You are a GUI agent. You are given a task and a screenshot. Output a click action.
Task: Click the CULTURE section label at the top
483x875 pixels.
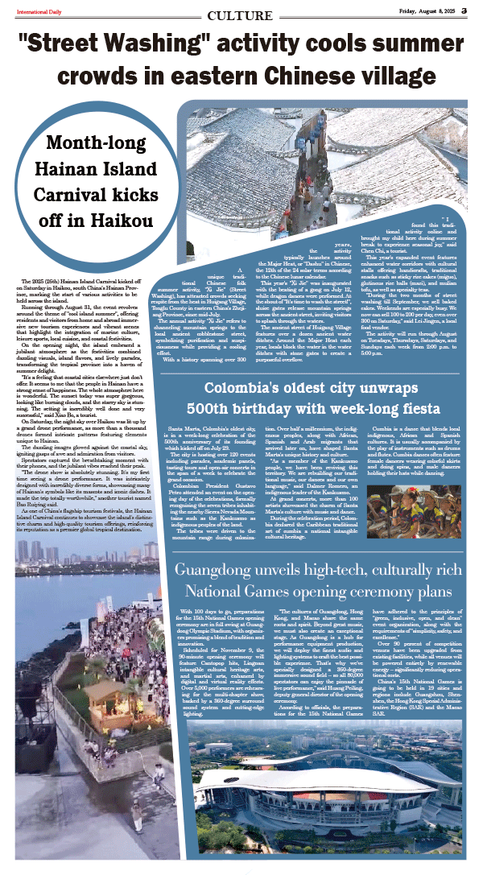click(x=240, y=16)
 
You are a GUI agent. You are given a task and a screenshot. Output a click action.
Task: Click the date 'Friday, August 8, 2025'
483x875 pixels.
click(x=432, y=10)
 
